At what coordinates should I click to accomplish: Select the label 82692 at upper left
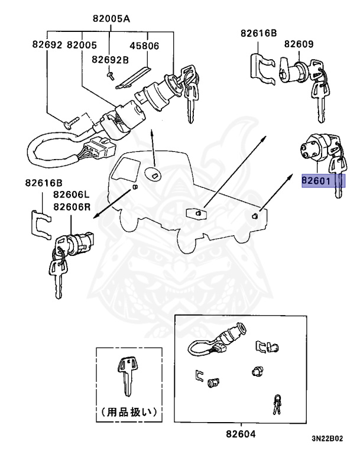pos(47,45)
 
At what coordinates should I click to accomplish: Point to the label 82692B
pos(110,59)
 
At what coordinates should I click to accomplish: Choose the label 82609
pos(299,44)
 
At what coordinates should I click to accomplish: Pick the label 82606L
pos(70,194)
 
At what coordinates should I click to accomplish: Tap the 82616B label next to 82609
pos(258,34)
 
